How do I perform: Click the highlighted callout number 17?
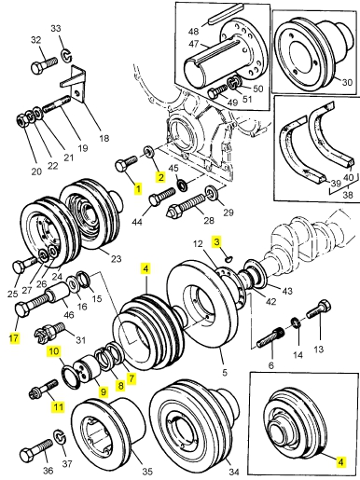[x=14, y=337]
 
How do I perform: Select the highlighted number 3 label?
[x=216, y=241]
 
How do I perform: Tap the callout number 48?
[x=193, y=31]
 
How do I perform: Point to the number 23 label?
[x=116, y=258]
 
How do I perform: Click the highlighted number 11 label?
[x=58, y=406]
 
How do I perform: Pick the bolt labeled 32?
[x=44, y=64]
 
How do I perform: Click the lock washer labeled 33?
[x=67, y=55]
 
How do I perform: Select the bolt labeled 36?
[x=36, y=448]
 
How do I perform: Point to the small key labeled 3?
[x=229, y=258]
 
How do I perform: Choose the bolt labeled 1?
[x=126, y=163]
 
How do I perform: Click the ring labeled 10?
[x=73, y=377]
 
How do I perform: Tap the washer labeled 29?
[x=212, y=193]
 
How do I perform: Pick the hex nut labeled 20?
[x=22, y=120]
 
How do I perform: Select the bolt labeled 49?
[x=217, y=91]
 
